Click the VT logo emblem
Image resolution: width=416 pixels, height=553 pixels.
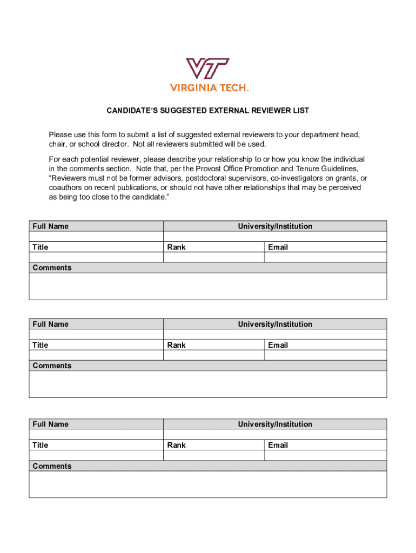208,69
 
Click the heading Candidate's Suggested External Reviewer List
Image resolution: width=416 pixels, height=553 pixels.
207,111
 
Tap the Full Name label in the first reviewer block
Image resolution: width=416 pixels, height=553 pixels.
51,226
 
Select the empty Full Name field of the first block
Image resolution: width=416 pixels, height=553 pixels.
96,237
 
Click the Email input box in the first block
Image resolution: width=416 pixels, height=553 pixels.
325,258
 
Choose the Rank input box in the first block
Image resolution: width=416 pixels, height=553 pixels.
213,258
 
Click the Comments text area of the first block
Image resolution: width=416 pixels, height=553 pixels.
208,286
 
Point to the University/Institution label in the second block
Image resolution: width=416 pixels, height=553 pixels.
275,324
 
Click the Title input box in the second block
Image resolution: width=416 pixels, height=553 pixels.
96,355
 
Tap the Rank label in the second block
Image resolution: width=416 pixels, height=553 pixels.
177,345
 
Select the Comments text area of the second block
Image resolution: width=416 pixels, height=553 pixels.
208,384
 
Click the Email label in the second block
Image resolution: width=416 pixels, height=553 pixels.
278,345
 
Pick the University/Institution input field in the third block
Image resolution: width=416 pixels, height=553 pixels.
275,435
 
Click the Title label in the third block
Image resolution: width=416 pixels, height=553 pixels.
41,445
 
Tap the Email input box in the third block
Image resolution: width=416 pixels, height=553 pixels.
325,455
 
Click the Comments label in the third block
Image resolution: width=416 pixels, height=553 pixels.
52,466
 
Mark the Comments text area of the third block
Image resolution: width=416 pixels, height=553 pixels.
208,484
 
